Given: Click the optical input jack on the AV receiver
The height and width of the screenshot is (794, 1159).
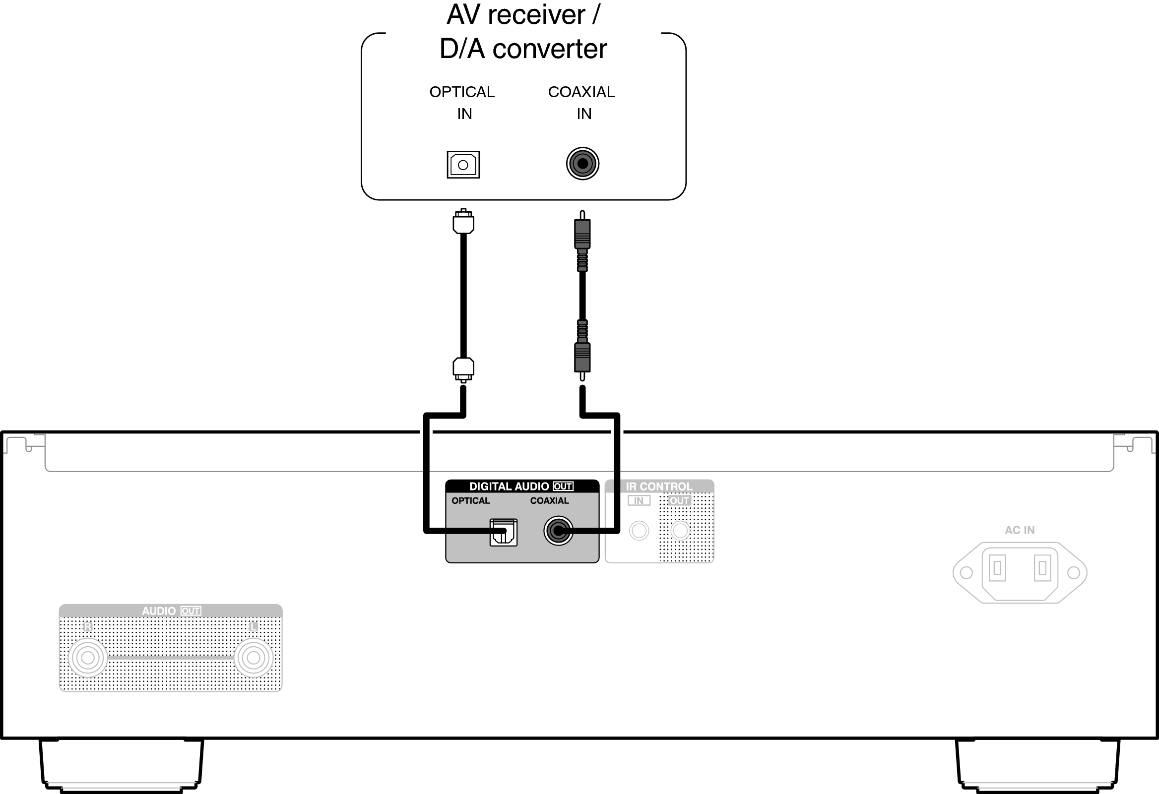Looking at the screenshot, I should pos(463,165).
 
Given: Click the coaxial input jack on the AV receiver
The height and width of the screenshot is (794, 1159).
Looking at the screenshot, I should pos(582,164).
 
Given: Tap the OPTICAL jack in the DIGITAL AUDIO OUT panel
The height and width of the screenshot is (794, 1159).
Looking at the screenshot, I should pos(503,532).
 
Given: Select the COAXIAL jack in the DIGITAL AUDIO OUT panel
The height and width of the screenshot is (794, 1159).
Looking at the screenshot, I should pos(558,531).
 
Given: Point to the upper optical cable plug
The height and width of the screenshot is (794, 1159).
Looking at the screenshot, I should pos(463,222).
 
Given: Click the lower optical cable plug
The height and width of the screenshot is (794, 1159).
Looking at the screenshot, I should pos(463,369).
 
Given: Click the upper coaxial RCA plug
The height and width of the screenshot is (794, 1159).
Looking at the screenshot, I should pos(582,234).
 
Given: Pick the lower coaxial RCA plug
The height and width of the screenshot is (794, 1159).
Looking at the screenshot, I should pos(582,357).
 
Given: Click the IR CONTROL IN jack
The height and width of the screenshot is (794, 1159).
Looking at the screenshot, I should pos(639,530).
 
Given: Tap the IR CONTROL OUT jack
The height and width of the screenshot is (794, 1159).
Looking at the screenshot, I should pos(680,530).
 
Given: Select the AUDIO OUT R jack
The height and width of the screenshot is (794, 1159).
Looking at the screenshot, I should pos(88,658).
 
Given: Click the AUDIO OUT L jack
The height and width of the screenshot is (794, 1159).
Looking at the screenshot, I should pos(254,658).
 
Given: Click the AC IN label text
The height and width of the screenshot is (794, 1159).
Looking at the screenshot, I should pos(1020,530).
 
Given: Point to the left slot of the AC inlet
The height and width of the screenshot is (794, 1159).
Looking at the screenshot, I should pos(997,568).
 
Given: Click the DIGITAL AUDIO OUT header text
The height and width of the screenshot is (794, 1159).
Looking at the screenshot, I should pos(520,487).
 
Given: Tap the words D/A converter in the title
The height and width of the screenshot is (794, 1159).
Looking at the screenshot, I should pos(523,49).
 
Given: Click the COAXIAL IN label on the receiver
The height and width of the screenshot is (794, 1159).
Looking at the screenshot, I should pos(582,103).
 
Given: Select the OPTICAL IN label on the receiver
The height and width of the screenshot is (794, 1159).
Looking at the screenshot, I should pos(462,103).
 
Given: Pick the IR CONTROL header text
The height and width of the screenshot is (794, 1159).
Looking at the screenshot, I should pos(659,487).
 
